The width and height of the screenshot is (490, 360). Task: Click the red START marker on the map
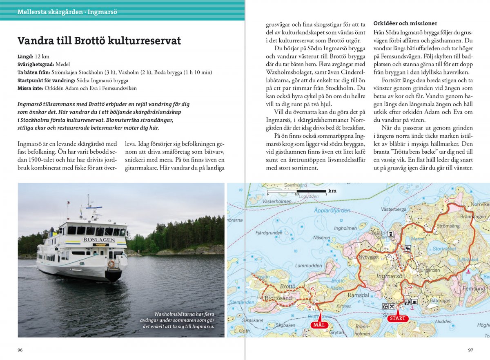pos(398,318)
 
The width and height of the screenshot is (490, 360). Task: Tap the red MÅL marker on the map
pos(319,325)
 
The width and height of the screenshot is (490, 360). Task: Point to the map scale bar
pos(296,191)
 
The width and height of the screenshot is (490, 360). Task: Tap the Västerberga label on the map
pos(393,209)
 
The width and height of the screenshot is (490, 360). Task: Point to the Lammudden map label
pos(306,266)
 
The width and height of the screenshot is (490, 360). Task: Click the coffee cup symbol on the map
pos(414,302)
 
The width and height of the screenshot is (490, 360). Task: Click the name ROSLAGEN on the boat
pos(99,240)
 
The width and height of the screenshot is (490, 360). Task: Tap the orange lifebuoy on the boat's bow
pos(111,264)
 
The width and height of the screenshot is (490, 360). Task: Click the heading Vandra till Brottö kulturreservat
pos(99,41)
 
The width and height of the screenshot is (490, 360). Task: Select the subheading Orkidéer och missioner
pos(405,23)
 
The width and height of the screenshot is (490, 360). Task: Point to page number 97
pos(470,350)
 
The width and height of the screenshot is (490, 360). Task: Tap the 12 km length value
pos(42,56)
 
